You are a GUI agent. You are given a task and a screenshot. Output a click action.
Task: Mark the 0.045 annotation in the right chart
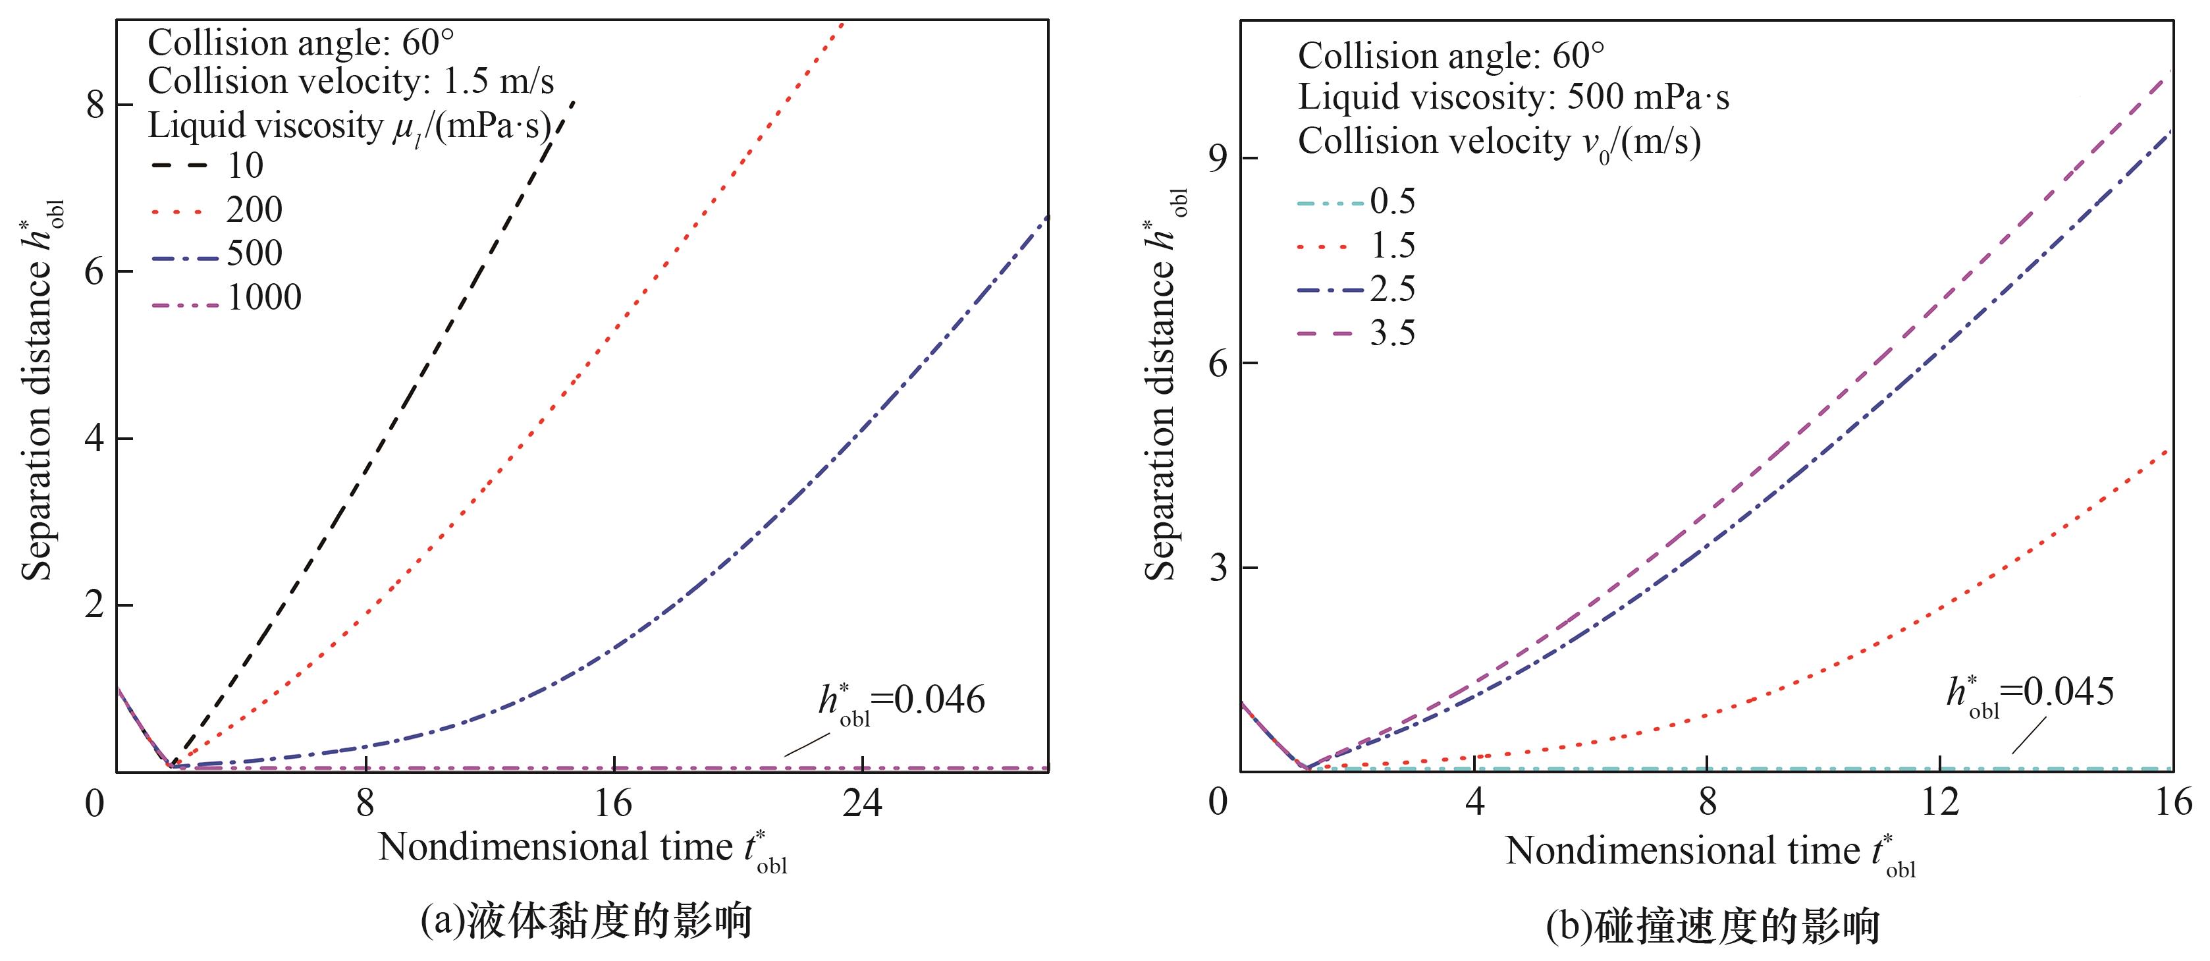tap(2030, 692)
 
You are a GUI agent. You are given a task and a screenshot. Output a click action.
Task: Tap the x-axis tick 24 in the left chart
tap(861, 804)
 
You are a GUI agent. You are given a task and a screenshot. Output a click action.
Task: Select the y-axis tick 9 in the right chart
tap(1219, 159)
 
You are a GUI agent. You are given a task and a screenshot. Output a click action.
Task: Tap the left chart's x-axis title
tap(583, 850)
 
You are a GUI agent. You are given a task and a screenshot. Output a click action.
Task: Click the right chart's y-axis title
tap(1162, 386)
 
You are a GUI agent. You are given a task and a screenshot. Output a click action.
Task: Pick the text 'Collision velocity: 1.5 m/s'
tap(351, 82)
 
